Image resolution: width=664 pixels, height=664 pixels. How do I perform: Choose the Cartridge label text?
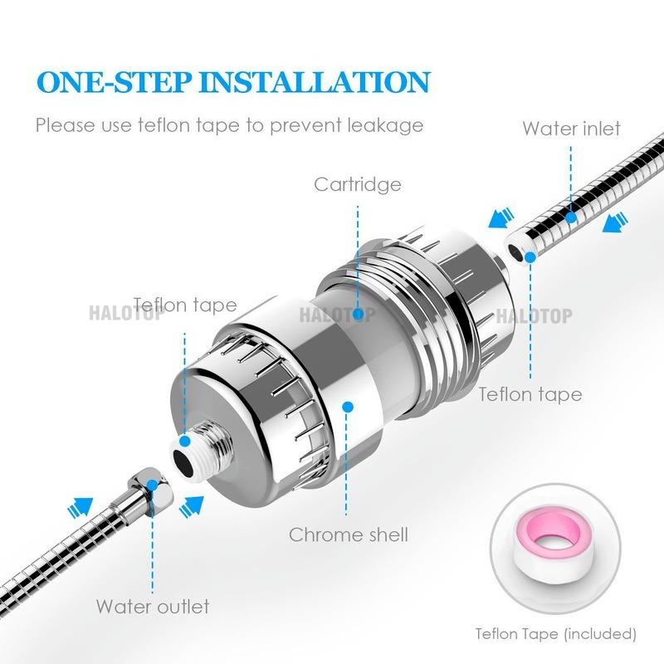358,183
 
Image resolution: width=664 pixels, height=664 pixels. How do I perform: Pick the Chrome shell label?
349,535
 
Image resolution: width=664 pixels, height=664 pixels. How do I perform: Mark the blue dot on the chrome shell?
349,407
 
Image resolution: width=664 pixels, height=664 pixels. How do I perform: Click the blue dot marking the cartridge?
358,315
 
